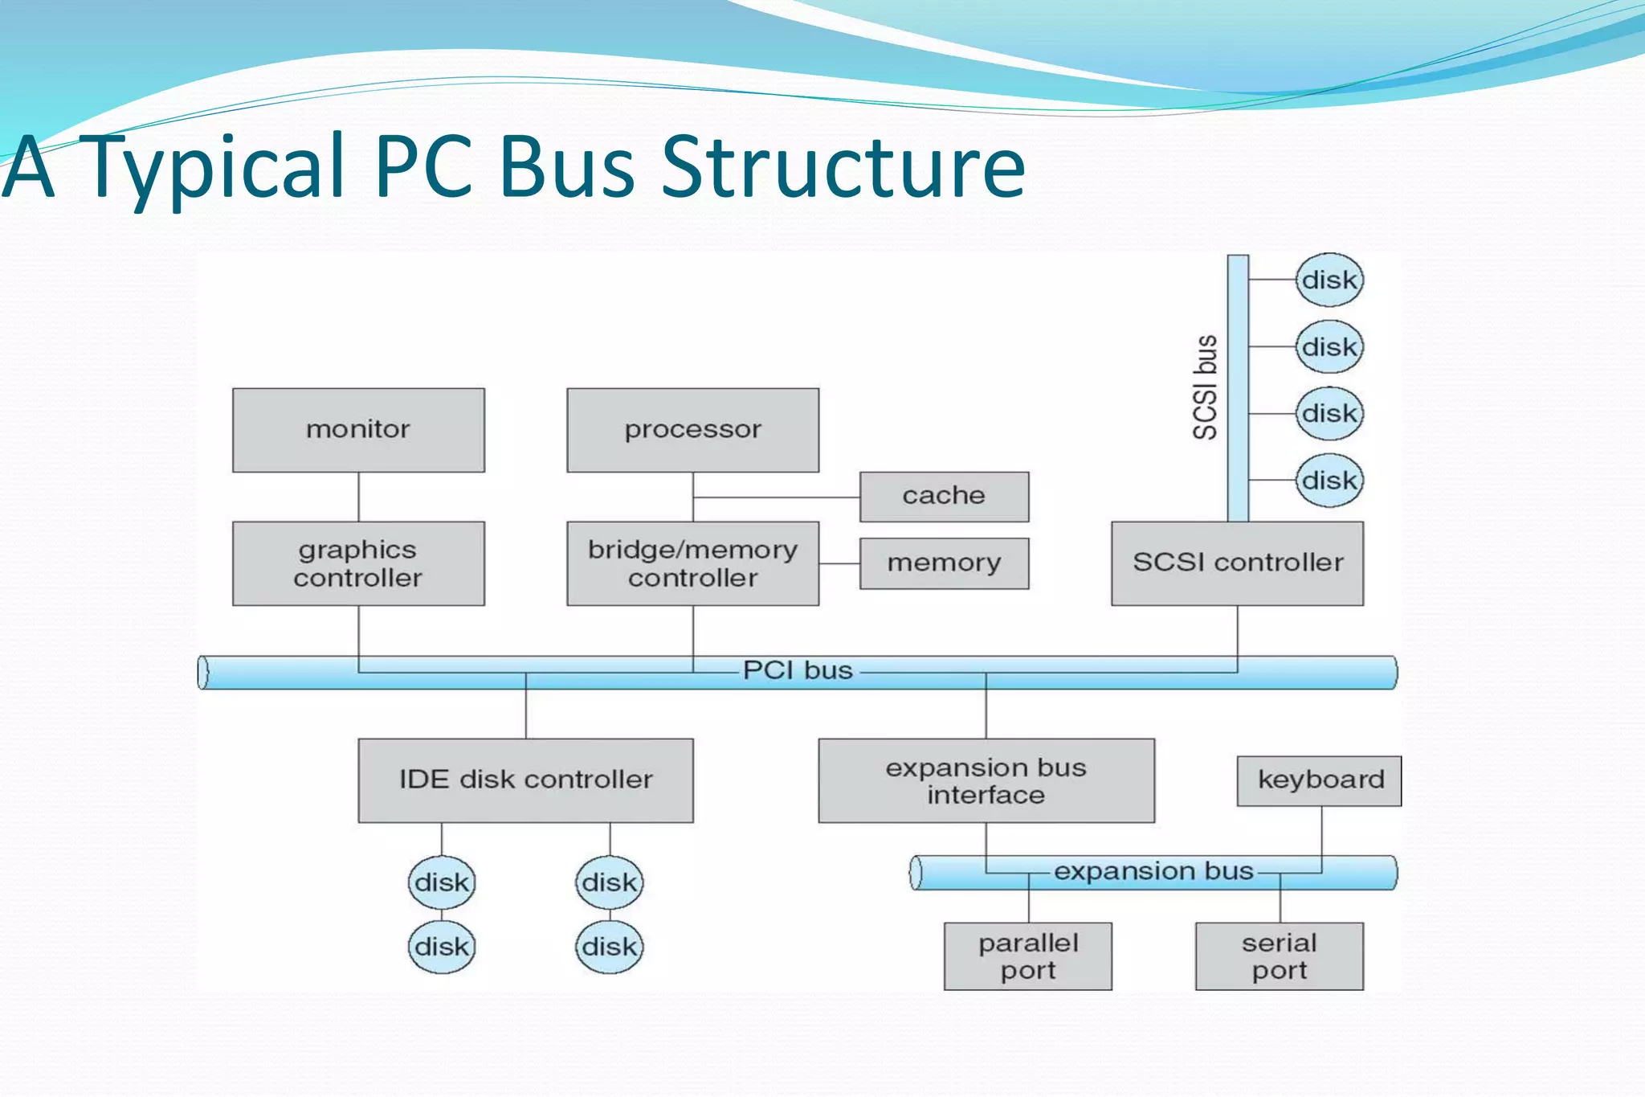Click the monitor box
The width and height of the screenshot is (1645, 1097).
tap(358, 430)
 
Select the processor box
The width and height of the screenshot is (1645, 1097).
tap(692, 430)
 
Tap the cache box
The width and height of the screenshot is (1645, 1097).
tap(944, 496)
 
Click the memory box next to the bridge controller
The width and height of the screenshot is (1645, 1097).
tap(944, 563)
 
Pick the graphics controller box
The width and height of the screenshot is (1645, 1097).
tap(358, 563)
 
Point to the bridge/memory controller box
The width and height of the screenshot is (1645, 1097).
tap(692, 563)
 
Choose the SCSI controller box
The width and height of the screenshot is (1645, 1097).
tap(1237, 563)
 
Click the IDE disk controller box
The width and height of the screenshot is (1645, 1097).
tap(525, 780)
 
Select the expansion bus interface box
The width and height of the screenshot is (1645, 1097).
tap(986, 780)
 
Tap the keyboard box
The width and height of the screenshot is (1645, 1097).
tap(1320, 780)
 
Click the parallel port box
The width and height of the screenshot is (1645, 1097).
tap(1028, 956)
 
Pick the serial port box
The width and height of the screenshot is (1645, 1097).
tap(1279, 956)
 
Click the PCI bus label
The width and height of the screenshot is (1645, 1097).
tap(798, 670)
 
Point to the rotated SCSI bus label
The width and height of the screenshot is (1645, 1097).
tap(1205, 387)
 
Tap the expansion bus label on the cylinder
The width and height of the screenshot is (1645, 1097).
tap(1153, 871)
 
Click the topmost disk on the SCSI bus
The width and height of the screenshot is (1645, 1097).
tap(1329, 280)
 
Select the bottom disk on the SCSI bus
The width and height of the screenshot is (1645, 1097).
tap(1329, 480)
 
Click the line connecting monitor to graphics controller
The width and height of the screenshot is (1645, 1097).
tap(358, 497)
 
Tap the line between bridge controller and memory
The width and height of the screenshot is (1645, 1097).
tap(839, 563)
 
